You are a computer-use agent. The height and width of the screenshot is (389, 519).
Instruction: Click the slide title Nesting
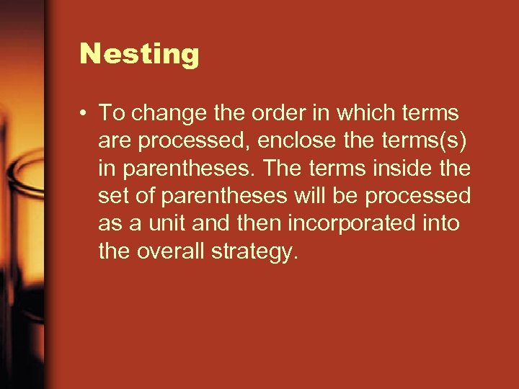point(139,54)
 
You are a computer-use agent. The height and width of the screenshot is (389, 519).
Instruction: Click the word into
point(441,223)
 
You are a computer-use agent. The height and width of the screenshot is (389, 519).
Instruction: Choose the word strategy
point(257,252)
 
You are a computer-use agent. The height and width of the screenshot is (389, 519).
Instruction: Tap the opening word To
point(111,114)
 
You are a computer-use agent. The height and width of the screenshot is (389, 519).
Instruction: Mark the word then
point(257,223)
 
